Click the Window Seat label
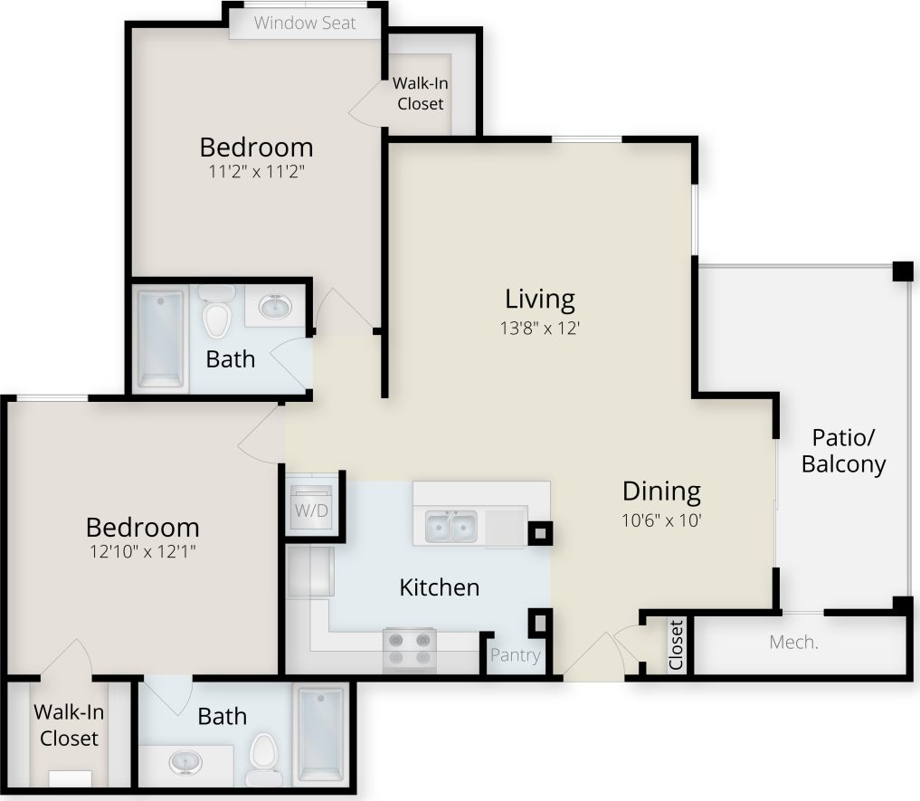(305, 23)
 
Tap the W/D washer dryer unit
(312, 510)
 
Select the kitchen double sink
(451, 526)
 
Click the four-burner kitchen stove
(409, 649)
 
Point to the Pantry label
(516, 655)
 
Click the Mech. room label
(793, 643)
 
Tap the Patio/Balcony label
(843, 452)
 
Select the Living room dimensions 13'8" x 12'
(540, 329)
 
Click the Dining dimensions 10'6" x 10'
(662, 520)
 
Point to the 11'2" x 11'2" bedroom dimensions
(256, 171)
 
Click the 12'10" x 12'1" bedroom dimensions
(142, 551)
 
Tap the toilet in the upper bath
(217, 312)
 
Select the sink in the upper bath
(275, 308)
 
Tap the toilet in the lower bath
(264, 758)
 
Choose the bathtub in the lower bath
(321, 734)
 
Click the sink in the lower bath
(185, 760)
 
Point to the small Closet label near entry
(676, 645)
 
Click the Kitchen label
(439, 587)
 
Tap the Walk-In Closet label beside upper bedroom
(420, 93)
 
